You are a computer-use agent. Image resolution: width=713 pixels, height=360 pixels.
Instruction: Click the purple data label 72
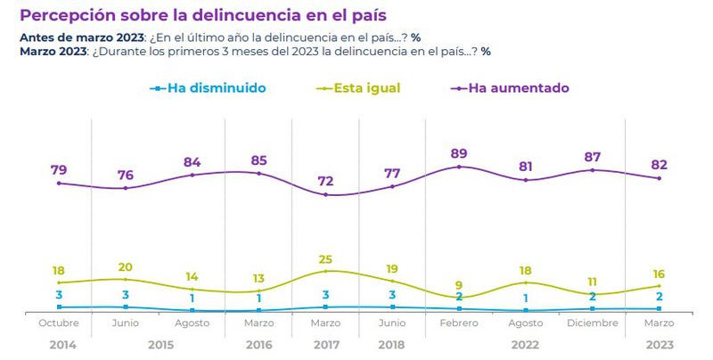point(325,182)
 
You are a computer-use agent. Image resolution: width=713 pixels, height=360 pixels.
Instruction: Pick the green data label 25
point(325,258)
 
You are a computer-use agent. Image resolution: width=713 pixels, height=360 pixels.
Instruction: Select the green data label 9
point(459,286)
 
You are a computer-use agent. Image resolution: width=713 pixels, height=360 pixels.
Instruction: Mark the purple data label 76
point(126,175)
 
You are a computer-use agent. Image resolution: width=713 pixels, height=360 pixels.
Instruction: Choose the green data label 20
point(126,266)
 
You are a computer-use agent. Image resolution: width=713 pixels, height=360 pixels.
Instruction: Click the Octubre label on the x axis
point(59,323)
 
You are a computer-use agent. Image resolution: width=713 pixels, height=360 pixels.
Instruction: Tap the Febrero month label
point(459,323)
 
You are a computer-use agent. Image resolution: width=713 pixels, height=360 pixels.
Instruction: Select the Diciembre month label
point(592,323)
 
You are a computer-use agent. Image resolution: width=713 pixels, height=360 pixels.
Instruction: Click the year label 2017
point(325,344)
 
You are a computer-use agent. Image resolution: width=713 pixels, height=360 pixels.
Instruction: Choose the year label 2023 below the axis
point(659,344)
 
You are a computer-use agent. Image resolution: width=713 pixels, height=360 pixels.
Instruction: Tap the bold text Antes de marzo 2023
point(81,37)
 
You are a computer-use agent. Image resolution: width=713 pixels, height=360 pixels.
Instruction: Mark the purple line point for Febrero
point(459,167)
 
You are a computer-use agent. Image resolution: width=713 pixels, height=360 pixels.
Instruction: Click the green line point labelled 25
point(325,271)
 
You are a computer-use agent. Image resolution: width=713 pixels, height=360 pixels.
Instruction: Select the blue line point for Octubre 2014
point(59,307)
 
